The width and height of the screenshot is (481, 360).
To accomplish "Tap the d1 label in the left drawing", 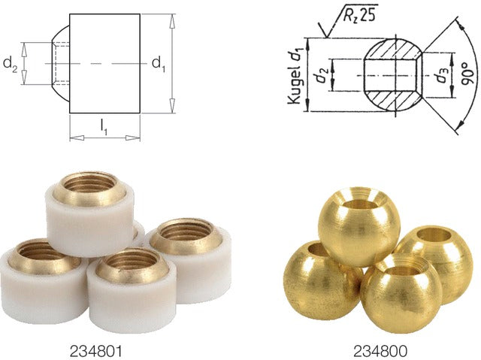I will coord(159,64).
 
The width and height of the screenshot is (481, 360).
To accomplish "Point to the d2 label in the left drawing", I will coord(10,65).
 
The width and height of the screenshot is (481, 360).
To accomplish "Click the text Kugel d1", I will coord(296,75).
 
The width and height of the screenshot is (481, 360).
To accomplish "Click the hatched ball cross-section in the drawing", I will coord(391,76).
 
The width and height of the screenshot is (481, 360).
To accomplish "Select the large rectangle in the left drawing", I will coord(104,64).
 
